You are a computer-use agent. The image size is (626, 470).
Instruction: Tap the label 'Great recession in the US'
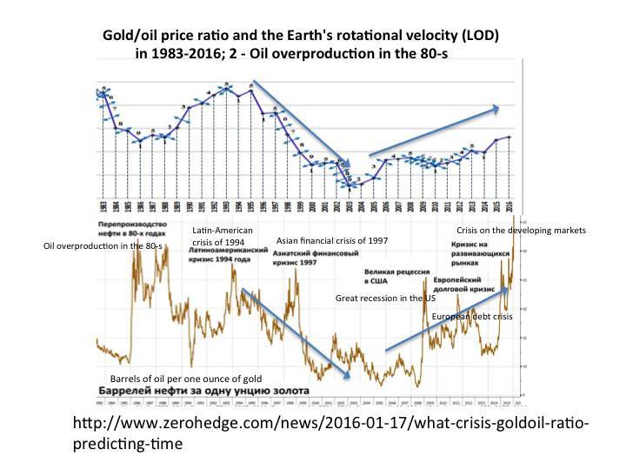tap(386, 299)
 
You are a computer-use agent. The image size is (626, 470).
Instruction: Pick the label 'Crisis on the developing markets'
tap(521, 230)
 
